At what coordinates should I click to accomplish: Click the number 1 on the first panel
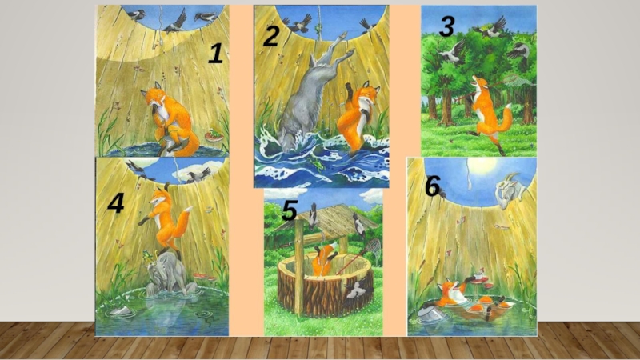coord(216,54)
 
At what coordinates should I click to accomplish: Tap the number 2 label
coord(271,36)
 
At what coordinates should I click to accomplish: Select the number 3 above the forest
coord(447,26)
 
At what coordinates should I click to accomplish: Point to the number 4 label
coord(116,203)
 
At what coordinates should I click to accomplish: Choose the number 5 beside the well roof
coord(290,211)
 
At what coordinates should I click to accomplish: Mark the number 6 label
coord(433,187)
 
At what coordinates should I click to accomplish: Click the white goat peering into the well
coord(510,190)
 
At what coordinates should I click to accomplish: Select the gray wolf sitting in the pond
coord(166,274)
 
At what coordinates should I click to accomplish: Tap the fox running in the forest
coord(487,112)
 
